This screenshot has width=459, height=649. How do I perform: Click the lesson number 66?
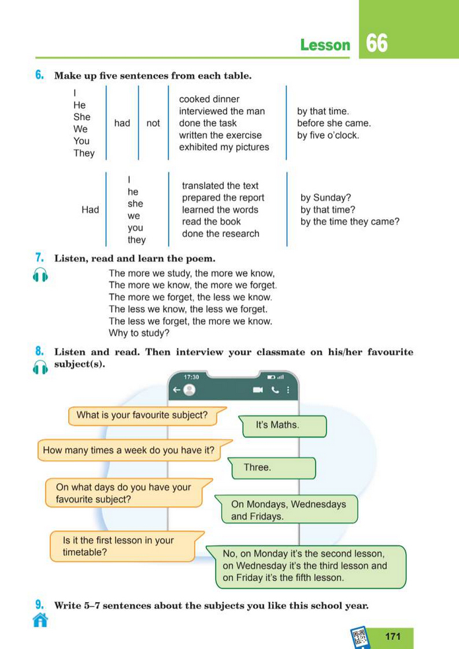377,44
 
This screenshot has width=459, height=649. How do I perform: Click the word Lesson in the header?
325,45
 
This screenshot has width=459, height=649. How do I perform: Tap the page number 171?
392,636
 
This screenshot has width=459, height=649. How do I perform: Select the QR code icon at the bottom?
360,637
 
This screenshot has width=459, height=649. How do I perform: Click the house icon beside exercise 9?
40,620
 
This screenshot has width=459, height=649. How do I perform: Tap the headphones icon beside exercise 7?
40,276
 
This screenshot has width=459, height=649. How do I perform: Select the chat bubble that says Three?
258,467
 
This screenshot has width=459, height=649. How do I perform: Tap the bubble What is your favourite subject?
142,415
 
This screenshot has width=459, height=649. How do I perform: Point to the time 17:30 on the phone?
192,377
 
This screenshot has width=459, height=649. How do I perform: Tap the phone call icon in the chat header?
275,390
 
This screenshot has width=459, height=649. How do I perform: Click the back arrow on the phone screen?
176,390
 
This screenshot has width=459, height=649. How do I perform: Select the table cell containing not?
153,123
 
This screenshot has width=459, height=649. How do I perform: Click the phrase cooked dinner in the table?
209,99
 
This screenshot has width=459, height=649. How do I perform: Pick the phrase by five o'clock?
328,135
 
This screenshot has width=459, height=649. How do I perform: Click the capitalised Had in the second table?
90,209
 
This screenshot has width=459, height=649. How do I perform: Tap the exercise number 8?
40,352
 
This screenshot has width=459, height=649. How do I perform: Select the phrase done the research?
221,234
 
